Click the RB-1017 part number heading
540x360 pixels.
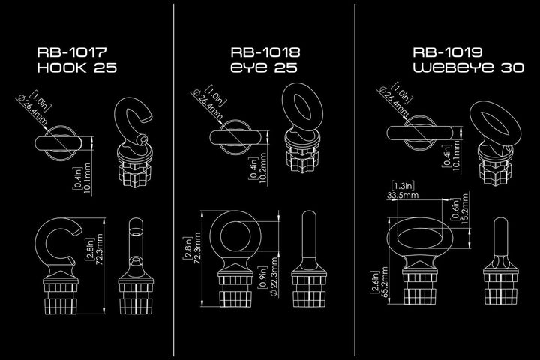click(72, 52)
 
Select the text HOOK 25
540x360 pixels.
click(77, 67)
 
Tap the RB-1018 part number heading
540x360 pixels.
click(265, 52)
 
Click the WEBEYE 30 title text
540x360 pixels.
click(468, 67)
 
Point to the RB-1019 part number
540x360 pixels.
click(447, 52)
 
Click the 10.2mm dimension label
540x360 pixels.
click(262, 169)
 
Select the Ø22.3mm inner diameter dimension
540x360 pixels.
click(274, 276)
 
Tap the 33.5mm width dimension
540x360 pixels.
click(403, 195)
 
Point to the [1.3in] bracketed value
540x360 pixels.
click(403, 186)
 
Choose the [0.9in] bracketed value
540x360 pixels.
click(262, 277)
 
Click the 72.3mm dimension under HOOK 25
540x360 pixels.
click(100, 249)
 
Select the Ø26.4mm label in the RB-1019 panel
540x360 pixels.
click(394, 101)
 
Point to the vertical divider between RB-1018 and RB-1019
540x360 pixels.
click(355, 180)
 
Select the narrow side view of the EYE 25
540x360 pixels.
click(309, 259)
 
